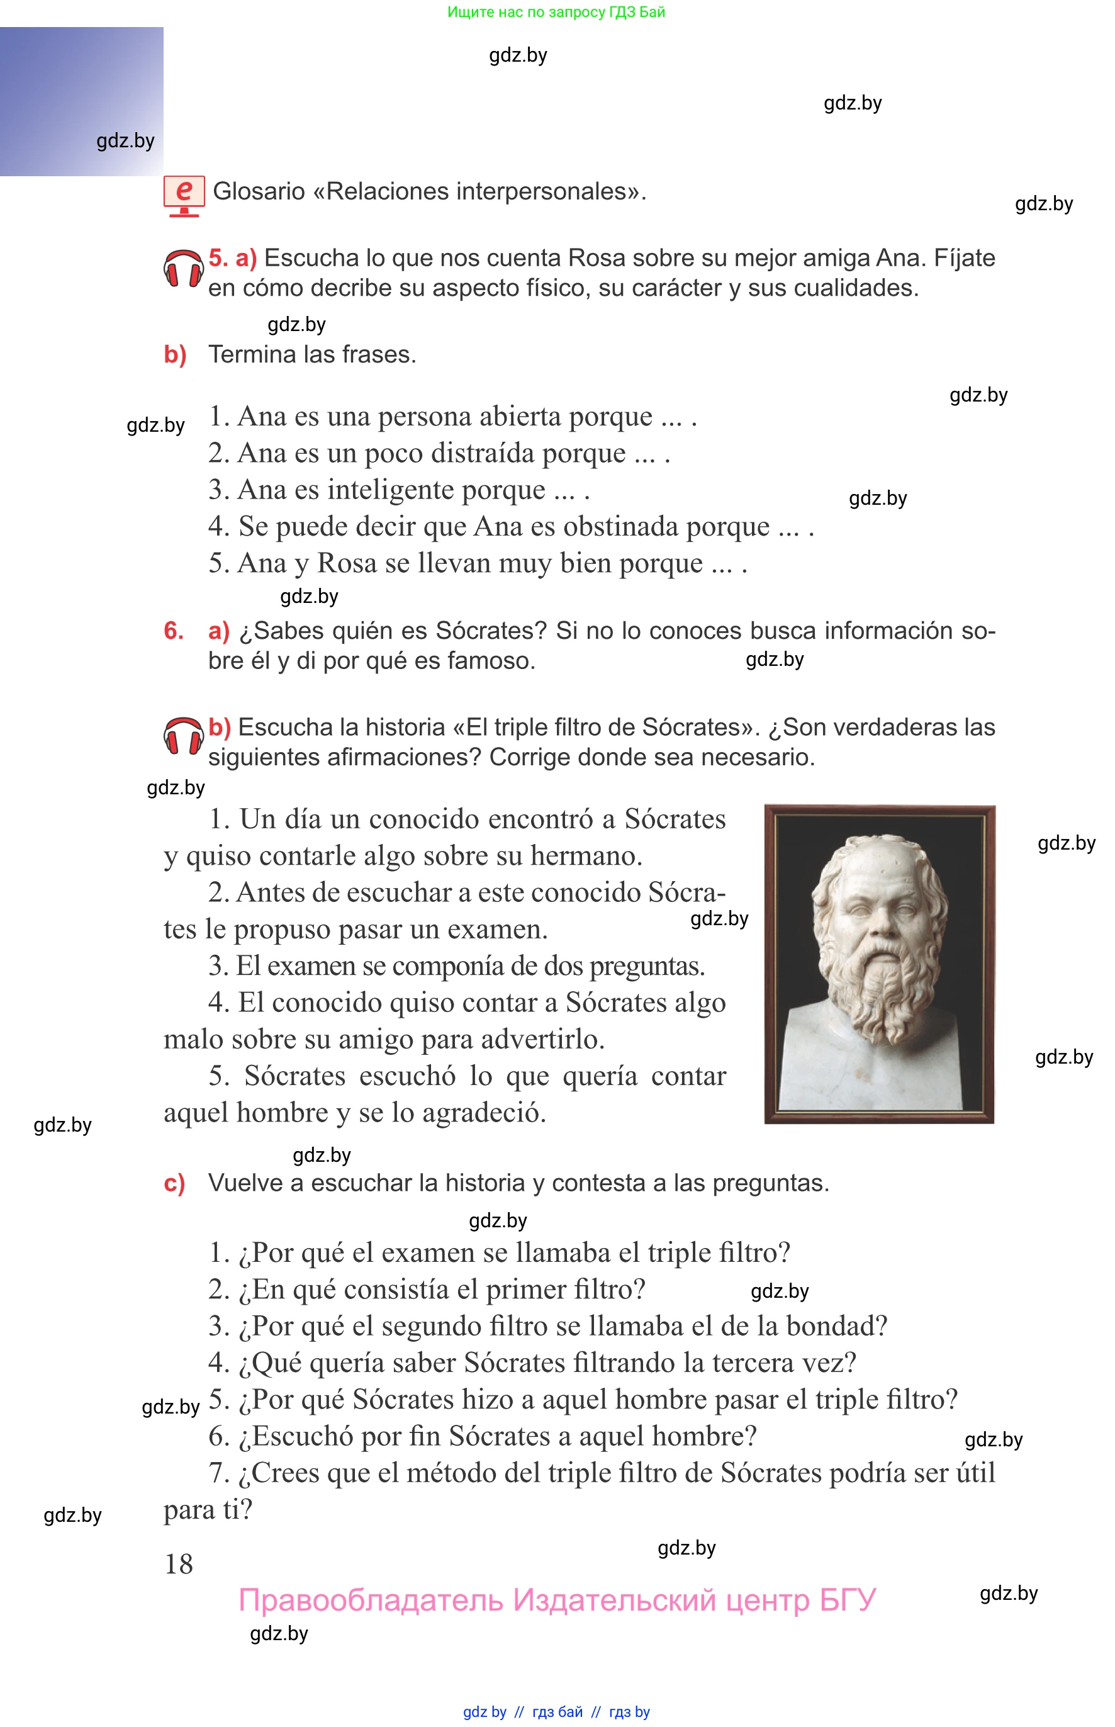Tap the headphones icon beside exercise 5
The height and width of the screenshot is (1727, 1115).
(x=183, y=271)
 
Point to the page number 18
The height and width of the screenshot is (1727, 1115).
(x=179, y=1564)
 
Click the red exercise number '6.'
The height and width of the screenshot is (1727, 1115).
(x=174, y=631)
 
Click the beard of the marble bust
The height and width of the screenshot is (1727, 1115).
(x=880, y=992)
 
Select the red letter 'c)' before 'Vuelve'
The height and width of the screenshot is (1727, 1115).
(x=174, y=1183)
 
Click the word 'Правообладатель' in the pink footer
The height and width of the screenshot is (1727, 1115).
(x=370, y=1600)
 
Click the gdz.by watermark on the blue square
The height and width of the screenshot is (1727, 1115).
(x=125, y=140)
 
